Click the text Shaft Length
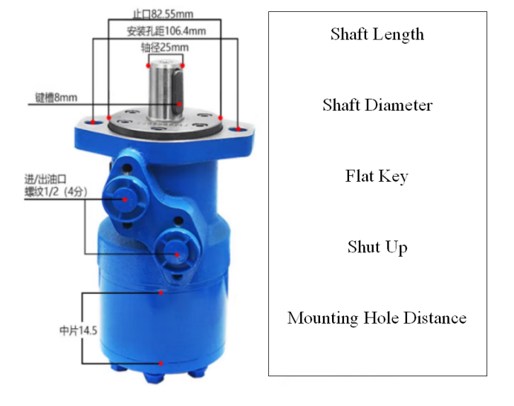[377, 34]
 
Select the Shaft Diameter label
[377, 105]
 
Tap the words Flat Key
[377, 177]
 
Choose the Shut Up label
[377, 247]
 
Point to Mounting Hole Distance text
[377, 318]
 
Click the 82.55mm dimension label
[163, 14]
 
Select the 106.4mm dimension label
[166, 31]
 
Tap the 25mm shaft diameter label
[165, 48]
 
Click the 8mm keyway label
[56, 98]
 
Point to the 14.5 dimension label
[78, 330]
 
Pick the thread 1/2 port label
[56, 191]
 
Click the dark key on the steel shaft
[177, 92]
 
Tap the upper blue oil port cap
[125, 200]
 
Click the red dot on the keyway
[179, 105]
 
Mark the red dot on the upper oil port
[125, 200]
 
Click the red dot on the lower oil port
[177, 255]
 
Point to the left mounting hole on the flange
[92, 123]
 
